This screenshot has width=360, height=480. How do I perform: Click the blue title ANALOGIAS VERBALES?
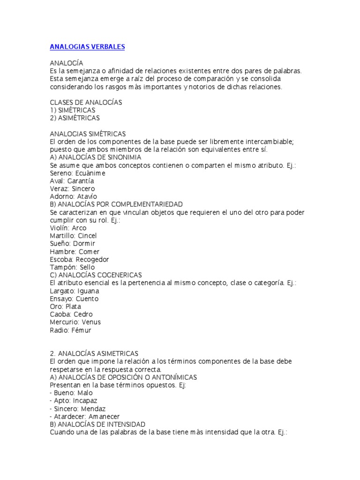click(x=87, y=47)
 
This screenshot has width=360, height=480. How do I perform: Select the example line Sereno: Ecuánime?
click(x=77, y=173)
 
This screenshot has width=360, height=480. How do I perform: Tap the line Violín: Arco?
click(x=68, y=228)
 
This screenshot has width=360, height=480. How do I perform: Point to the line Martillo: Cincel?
click(x=73, y=236)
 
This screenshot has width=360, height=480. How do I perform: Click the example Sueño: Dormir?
click(x=72, y=244)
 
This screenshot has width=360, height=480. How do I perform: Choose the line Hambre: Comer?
click(x=75, y=252)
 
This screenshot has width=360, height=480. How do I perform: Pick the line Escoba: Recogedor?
click(x=79, y=259)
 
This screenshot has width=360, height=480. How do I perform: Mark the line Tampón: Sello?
click(x=72, y=267)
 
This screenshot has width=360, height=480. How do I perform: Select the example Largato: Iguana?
click(x=74, y=291)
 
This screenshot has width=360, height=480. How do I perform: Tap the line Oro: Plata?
click(x=65, y=307)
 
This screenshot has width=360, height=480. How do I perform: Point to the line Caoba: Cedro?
click(x=71, y=314)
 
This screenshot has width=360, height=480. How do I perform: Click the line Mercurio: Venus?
click(x=75, y=322)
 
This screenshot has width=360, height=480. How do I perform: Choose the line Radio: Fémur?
click(x=70, y=330)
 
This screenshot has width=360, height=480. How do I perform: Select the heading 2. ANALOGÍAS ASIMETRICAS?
click(x=94, y=353)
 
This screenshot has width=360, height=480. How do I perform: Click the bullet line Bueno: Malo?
click(x=71, y=393)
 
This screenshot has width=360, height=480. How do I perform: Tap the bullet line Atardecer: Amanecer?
click(x=85, y=416)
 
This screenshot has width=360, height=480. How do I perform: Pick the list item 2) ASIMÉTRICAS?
click(x=75, y=118)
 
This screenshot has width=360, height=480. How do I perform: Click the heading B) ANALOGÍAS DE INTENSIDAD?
click(x=97, y=424)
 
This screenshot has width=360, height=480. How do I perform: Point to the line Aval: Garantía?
click(x=72, y=181)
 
